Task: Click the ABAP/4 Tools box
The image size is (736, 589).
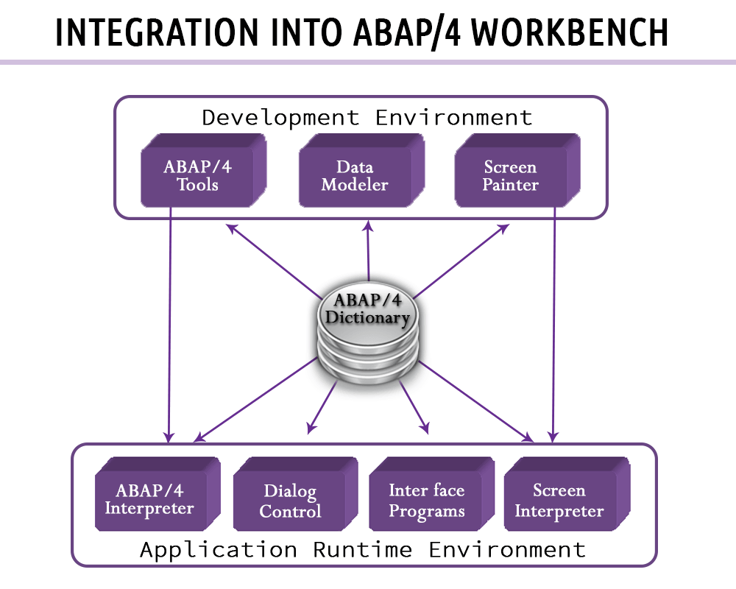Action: click(x=197, y=175)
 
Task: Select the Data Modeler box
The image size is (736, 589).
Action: click(x=355, y=175)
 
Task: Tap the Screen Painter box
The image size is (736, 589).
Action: click(x=511, y=175)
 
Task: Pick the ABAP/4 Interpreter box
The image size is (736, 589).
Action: click(x=150, y=499)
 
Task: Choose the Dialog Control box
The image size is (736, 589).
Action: click(x=290, y=501)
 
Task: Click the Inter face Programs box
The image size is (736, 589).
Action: click(x=427, y=501)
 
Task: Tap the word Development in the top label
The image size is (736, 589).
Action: click(x=280, y=117)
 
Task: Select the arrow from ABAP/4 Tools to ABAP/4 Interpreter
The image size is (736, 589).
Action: click(x=170, y=324)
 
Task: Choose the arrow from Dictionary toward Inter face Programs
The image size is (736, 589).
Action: click(x=411, y=406)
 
